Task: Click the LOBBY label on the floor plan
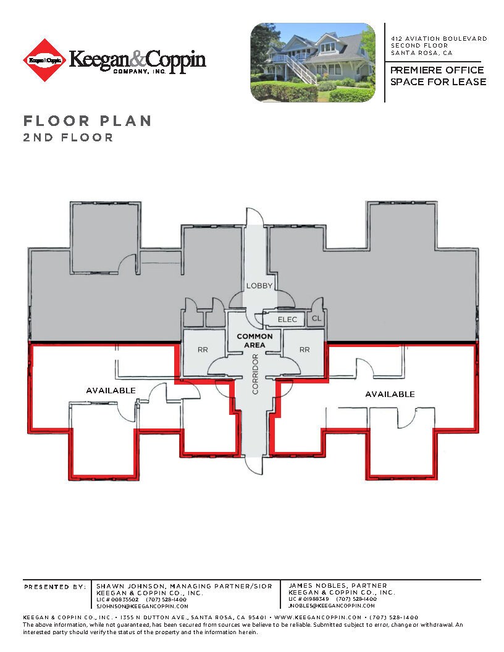pos(259,286)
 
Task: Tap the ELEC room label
pos(287,319)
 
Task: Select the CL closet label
pos(316,319)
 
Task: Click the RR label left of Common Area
pos(203,349)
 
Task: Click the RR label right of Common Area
pos(304,349)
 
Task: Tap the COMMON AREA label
pos(254,341)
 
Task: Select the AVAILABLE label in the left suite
pos(111,391)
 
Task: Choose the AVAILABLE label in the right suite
pos(390,394)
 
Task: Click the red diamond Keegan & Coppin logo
pos(44,61)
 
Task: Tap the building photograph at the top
pos(313,62)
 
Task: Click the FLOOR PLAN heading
pos(87,120)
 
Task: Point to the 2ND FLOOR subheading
pos(68,138)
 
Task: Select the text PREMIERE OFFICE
pos(437,70)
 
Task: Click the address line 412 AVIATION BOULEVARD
pos(439,39)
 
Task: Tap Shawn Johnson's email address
pos(141,606)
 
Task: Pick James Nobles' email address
pos(331,606)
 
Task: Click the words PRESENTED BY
pos(55,587)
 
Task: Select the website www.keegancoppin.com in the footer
pos(317,617)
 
